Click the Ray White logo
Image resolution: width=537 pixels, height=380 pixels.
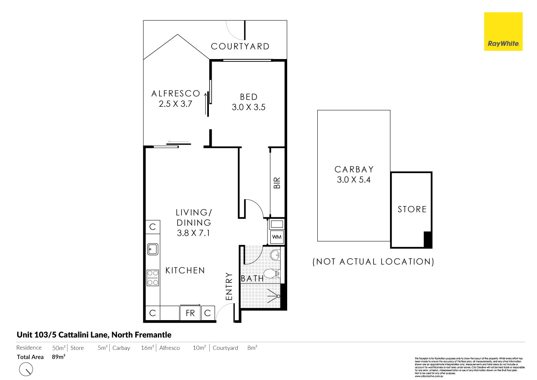click(503, 32)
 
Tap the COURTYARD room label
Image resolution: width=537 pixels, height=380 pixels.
click(240, 47)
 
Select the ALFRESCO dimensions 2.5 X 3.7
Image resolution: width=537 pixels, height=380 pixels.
click(176, 104)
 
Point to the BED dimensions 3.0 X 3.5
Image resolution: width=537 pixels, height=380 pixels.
click(249, 107)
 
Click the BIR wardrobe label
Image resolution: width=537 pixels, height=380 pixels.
click(277, 183)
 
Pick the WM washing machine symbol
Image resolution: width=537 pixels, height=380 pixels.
click(277, 237)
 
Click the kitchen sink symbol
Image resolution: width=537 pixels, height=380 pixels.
click(153, 249)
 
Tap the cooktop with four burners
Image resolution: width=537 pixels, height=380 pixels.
click(153, 277)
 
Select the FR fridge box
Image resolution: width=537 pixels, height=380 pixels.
click(190, 313)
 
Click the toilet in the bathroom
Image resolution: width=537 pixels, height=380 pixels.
click(274, 274)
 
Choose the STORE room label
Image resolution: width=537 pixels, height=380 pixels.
click(412, 209)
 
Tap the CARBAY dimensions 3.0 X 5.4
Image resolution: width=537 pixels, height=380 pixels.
click(354, 180)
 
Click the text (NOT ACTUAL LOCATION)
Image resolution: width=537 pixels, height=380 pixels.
click(374, 262)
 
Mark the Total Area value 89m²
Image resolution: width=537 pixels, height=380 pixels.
click(59, 357)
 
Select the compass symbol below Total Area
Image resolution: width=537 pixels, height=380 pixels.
click(26, 369)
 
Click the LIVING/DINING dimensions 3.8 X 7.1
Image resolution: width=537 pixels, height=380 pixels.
click(194, 233)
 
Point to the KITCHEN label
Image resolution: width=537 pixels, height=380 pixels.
click(185, 271)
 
